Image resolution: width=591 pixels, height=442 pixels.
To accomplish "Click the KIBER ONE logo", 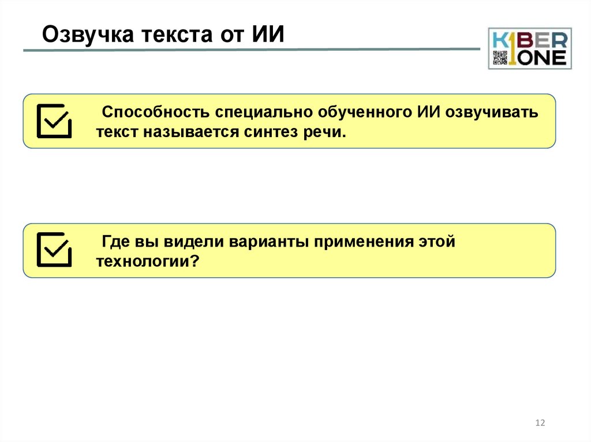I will [530, 48].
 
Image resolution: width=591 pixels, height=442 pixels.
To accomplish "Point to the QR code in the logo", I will [500, 58].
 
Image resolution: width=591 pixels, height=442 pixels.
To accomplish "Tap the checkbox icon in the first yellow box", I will [54, 121].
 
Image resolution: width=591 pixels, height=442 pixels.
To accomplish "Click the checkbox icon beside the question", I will [54, 250].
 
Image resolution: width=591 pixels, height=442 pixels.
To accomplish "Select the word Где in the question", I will [114, 241].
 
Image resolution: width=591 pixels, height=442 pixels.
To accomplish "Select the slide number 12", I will [540, 423].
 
